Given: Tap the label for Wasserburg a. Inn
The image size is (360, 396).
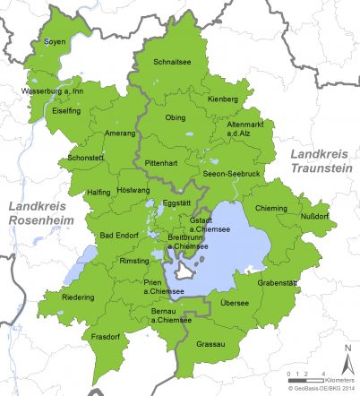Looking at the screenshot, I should [x=52, y=91].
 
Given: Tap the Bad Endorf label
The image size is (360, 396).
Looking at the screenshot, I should [x=119, y=235].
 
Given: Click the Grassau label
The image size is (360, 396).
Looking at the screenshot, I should [x=211, y=342].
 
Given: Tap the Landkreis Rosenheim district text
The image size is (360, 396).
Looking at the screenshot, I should [x=39, y=213].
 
